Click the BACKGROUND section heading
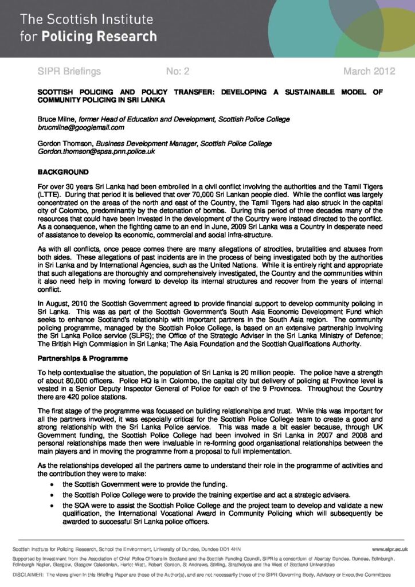(x=63, y=171)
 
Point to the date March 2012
(x=369, y=72)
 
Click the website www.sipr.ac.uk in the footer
(x=389, y=550)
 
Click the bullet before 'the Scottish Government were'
(x=53, y=484)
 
